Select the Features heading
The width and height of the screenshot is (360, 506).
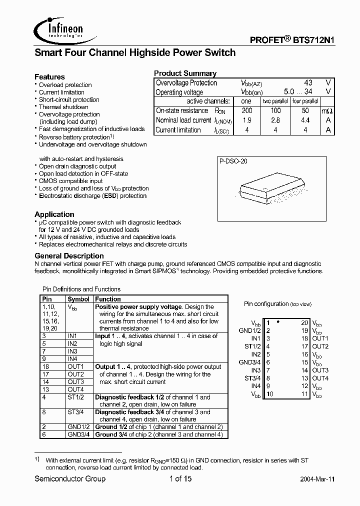pyautogui.click(x=49, y=77)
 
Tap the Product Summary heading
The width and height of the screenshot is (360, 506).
pyautogui.click(x=185, y=73)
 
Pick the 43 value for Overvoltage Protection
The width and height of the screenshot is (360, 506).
pyautogui.click(x=308, y=83)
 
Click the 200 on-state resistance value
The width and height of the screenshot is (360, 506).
pyautogui.click(x=247, y=111)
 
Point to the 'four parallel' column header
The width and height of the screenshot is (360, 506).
pyautogui.click(x=305, y=101)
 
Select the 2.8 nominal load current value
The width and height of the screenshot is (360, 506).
pyautogui.click(x=275, y=120)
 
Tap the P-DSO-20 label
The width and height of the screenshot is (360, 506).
pyautogui.click(x=233, y=161)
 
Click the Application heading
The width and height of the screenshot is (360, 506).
pyautogui.click(x=54, y=214)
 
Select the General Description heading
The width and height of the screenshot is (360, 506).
pyautogui.click(x=69, y=256)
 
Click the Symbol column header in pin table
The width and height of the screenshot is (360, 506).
pyautogui.click(x=78, y=299)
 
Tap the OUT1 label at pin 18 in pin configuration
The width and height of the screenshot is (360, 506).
pyautogui.click(x=320, y=338)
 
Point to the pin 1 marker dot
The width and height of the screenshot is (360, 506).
pyautogui.click(x=277, y=322)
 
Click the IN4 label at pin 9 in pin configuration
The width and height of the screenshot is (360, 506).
pyautogui.click(x=255, y=386)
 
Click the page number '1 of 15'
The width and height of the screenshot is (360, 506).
pyautogui.click(x=177, y=479)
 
